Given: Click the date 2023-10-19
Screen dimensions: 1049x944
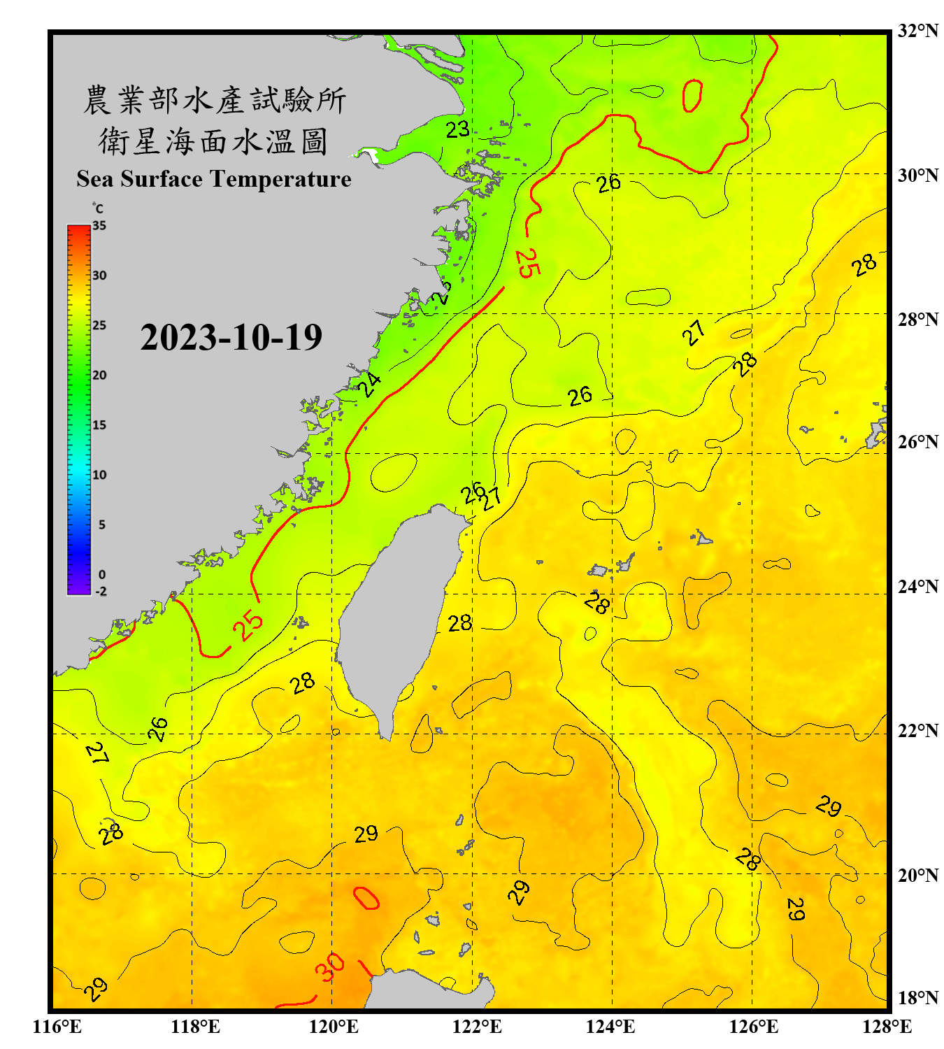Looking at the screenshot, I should (231, 337).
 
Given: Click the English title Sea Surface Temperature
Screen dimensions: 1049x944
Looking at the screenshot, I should (214, 179).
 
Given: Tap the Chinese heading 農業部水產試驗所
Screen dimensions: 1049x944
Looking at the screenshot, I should (215, 100).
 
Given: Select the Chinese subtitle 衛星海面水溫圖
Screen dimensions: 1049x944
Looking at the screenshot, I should (213, 141).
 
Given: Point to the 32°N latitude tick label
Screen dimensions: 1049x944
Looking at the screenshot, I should (917, 31).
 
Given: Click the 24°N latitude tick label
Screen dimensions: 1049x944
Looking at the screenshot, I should (917, 586).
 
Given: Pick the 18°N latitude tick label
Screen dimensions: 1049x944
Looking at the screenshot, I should (917, 998).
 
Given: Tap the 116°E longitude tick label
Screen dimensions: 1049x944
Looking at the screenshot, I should (57, 1027).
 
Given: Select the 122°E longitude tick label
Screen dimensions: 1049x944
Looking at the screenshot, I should (477, 1027).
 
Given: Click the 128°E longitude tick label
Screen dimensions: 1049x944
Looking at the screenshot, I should (887, 1027).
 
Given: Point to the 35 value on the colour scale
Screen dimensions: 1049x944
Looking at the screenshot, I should (99, 225).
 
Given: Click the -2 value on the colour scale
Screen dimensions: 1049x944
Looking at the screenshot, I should (101, 591).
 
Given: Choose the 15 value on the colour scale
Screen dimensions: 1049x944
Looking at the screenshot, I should (99, 424).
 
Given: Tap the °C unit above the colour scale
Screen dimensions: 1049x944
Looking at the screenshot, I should (97, 208).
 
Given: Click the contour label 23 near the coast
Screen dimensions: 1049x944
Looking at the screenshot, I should (458, 129).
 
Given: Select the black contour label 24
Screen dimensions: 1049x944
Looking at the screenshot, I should (369, 384).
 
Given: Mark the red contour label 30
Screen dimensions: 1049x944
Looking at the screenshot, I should (329, 967).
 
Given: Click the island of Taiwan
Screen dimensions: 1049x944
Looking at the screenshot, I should (399, 615).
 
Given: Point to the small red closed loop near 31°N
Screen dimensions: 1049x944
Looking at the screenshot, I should (692, 95).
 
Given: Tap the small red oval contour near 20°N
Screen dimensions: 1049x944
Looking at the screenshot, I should (366, 898).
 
